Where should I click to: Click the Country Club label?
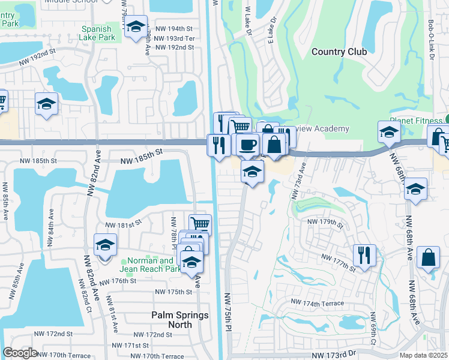pyautogui.click(x=339, y=52)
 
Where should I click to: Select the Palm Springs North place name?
pyautogui.click(x=179, y=320)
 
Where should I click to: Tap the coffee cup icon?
pyautogui.click(x=247, y=144)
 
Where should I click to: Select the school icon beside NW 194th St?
pyautogui.click(x=136, y=27)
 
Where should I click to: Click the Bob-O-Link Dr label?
pyautogui.click(x=431, y=40)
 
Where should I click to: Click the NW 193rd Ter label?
pyautogui.click(x=175, y=38)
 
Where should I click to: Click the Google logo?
pyautogui.click(x=20, y=353)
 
